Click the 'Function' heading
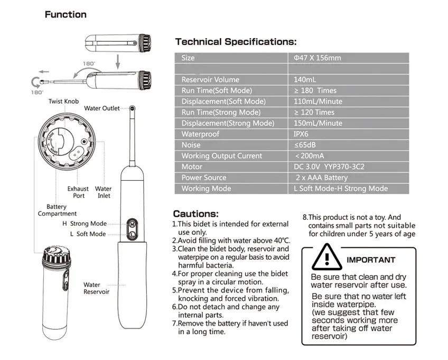pos(65,14)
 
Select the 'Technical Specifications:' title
pos(236,41)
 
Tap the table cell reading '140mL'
pos(304,79)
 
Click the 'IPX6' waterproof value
pos(301,134)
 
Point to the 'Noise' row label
pos(191,145)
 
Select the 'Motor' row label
pos(192,167)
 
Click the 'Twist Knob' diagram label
pos(63,101)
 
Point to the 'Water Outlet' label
pos(102,108)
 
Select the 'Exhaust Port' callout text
pos(78,192)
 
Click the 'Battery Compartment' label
pos(57,210)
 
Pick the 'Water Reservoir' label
pos(96,288)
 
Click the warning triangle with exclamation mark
pos(326,259)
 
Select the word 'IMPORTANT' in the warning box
pos(370,260)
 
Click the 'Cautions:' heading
pos(195,214)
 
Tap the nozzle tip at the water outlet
pos(131,108)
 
